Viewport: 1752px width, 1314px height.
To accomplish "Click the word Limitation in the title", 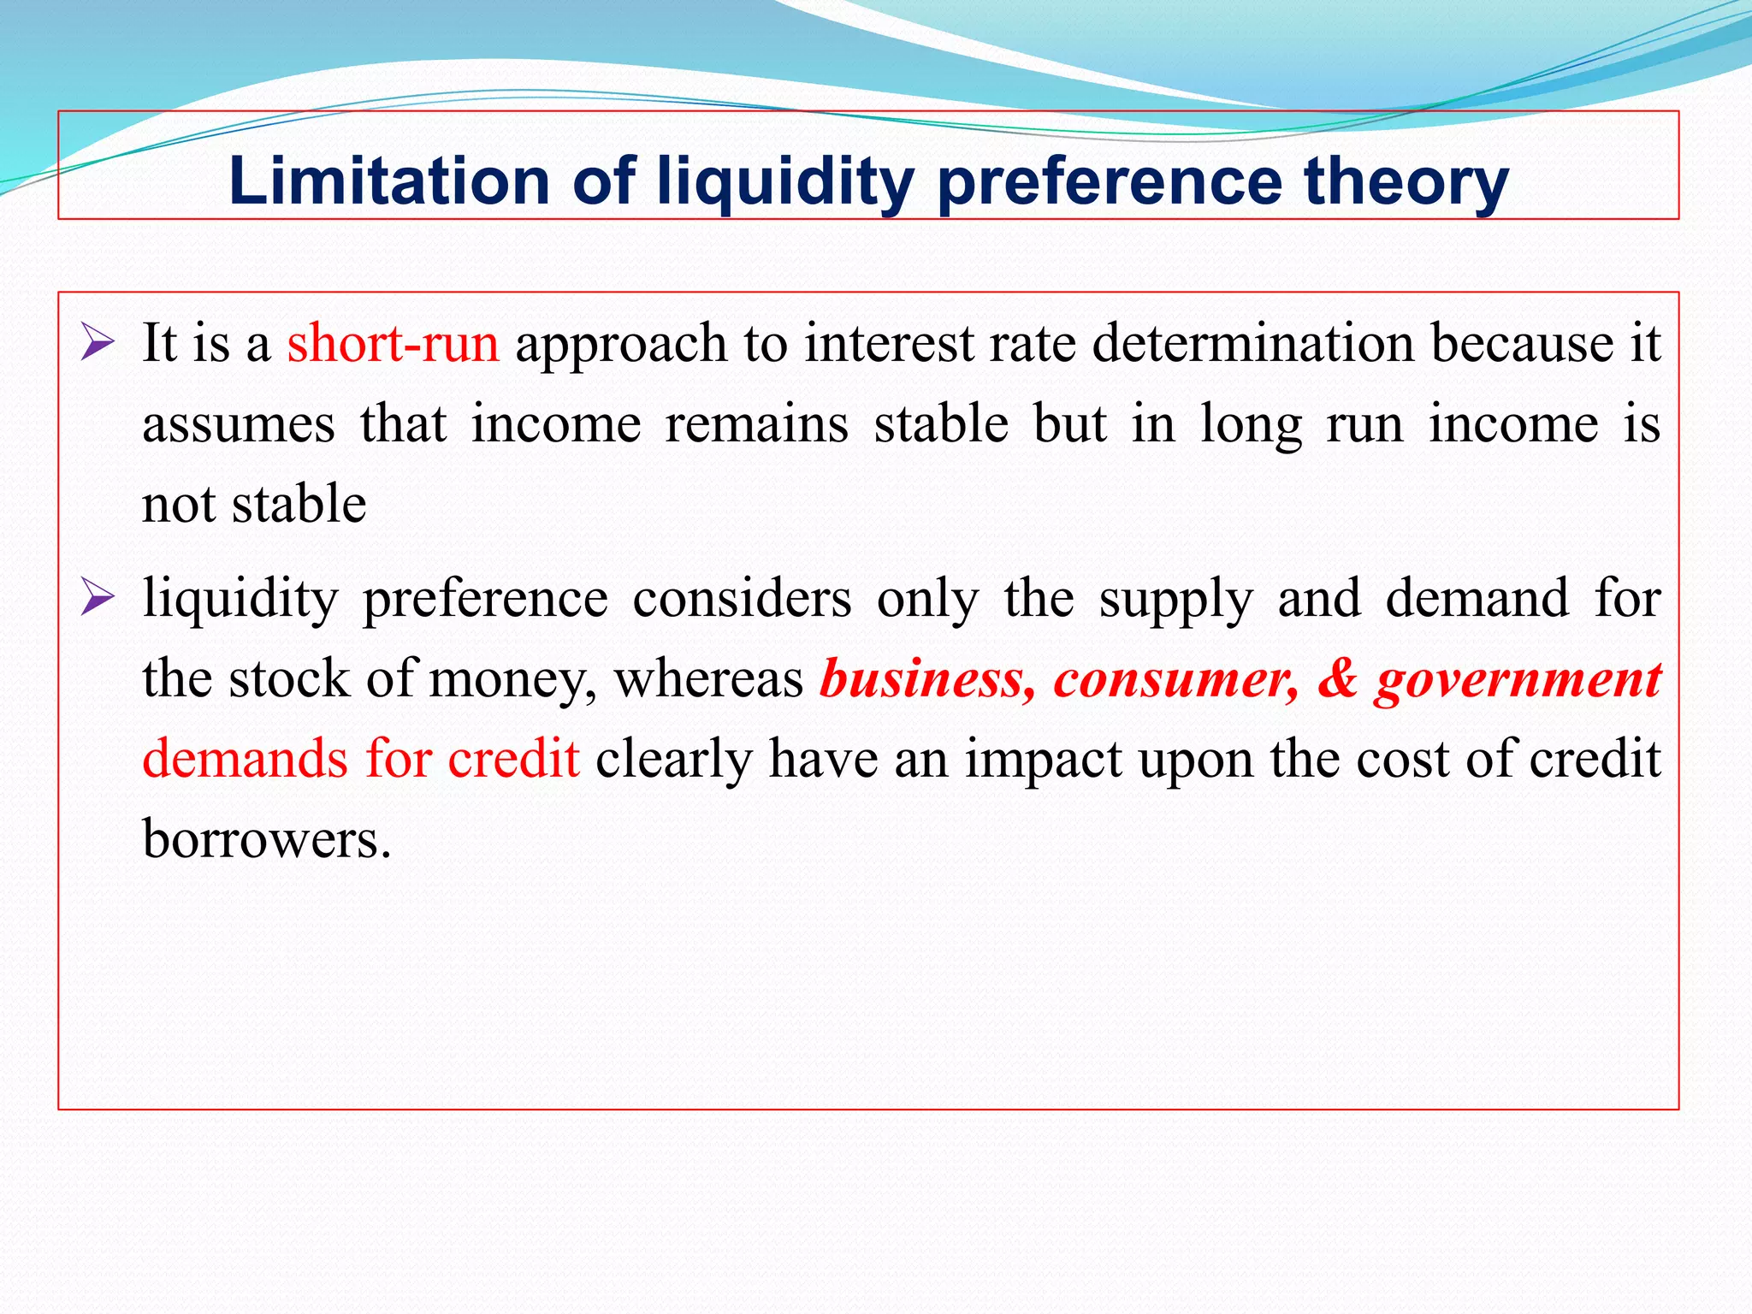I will point(389,181).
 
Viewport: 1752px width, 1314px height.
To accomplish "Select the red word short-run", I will point(393,343).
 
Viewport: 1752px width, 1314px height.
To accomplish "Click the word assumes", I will point(238,424).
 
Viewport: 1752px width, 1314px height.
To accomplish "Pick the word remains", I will point(756,423).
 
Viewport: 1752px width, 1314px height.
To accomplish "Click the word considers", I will point(742,597).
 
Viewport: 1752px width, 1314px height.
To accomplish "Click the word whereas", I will point(708,678).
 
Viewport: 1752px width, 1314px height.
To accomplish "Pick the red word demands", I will point(245,758).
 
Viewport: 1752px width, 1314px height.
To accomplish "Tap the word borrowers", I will point(266,838).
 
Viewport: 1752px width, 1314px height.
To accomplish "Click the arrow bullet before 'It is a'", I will point(98,342).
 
